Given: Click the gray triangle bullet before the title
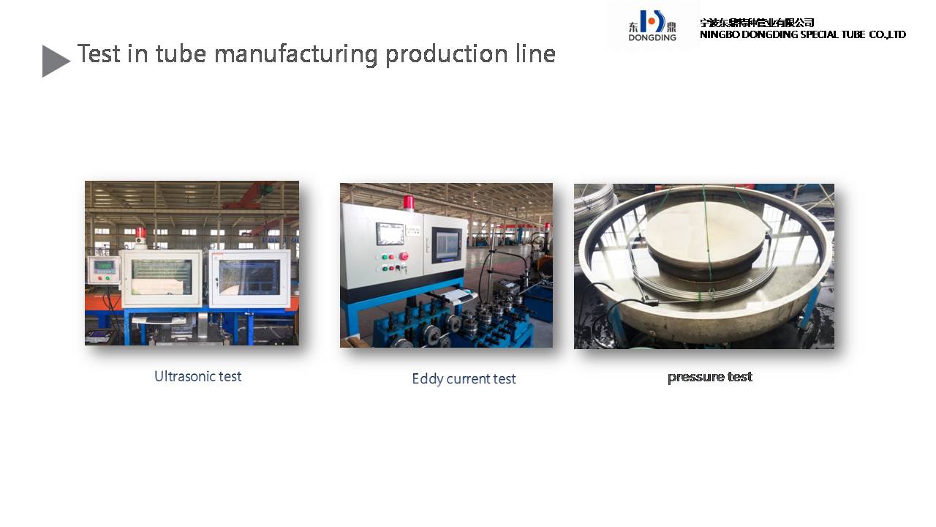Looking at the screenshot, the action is (55, 61).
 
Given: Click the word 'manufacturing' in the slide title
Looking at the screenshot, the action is (295, 55).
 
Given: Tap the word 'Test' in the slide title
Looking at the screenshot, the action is (99, 53).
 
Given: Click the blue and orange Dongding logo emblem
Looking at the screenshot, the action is (652, 21).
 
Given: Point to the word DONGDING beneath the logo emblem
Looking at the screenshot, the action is (652, 37).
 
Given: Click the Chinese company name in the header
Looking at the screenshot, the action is (757, 23).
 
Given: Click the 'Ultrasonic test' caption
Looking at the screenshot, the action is (197, 376).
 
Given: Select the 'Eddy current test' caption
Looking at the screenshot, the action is (464, 379).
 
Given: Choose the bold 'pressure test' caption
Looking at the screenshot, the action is (710, 377).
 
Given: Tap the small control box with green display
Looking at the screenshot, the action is (104, 270).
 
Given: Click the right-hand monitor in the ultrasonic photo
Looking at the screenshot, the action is (250, 277).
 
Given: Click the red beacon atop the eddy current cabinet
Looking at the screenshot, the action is (408, 203).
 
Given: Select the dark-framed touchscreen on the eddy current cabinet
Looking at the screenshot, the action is (447, 245).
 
